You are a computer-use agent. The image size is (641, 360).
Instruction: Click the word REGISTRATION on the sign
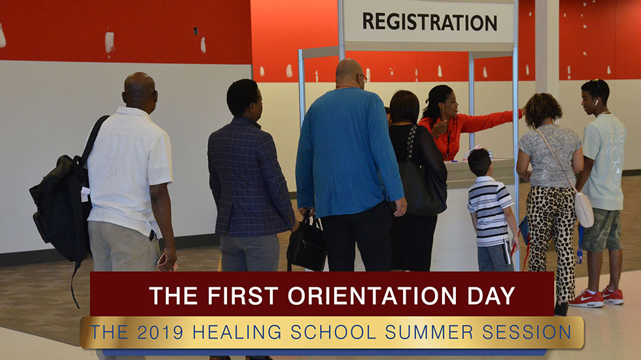coord(430,22)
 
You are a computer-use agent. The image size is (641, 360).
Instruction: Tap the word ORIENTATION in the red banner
coord(372,295)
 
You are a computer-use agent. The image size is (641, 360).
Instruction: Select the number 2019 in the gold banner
coord(160,333)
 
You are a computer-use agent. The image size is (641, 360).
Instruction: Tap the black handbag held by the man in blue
coord(307,243)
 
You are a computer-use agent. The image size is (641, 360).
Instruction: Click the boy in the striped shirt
coord(492,211)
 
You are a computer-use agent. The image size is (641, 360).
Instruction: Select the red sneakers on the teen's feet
coord(596,297)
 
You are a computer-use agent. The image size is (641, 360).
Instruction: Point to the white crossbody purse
coord(583,209)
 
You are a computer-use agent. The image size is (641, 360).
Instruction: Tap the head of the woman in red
coord(441,101)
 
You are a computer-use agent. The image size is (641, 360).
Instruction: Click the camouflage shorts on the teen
coord(601,230)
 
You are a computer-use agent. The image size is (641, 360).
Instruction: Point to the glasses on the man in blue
coord(362,77)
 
